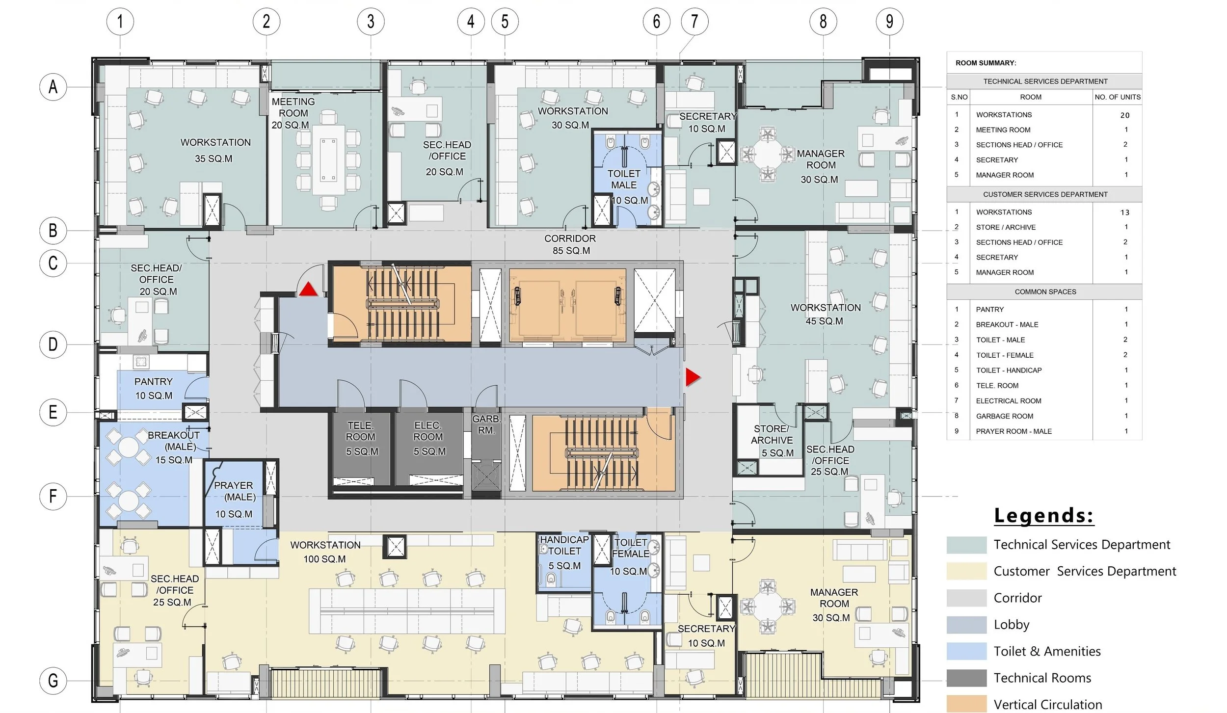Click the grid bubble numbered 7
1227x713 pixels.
point(694,22)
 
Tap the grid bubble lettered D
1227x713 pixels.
point(53,344)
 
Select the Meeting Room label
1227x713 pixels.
point(293,113)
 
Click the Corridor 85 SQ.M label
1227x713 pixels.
point(570,244)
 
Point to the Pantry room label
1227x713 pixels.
point(154,388)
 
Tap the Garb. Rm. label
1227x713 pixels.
point(486,424)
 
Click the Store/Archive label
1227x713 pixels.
point(772,441)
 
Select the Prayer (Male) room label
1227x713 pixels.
point(235,500)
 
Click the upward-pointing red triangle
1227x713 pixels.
point(308,289)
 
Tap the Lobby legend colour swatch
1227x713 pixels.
point(966,625)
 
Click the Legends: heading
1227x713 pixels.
point(1044,516)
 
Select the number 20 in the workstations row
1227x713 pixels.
point(1125,115)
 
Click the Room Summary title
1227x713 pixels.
point(986,63)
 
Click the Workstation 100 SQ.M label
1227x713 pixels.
point(325,552)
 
